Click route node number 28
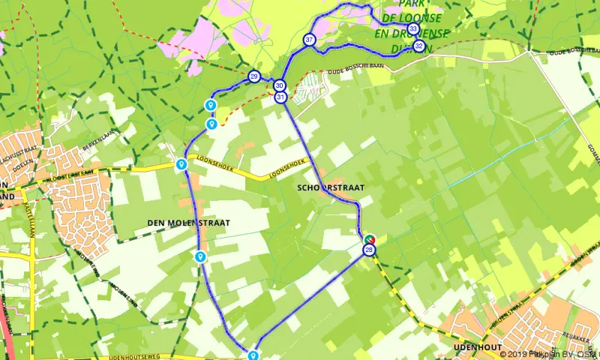(369, 250)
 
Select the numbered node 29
(254, 77)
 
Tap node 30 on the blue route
(279, 85)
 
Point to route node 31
(280, 97)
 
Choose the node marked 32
(418, 46)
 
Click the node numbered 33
(413, 29)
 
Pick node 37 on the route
(309, 40)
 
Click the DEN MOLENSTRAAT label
(187, 223)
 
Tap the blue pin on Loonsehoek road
(181, 164)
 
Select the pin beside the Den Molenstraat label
(200, 256)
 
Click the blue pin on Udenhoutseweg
(253, 355)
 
